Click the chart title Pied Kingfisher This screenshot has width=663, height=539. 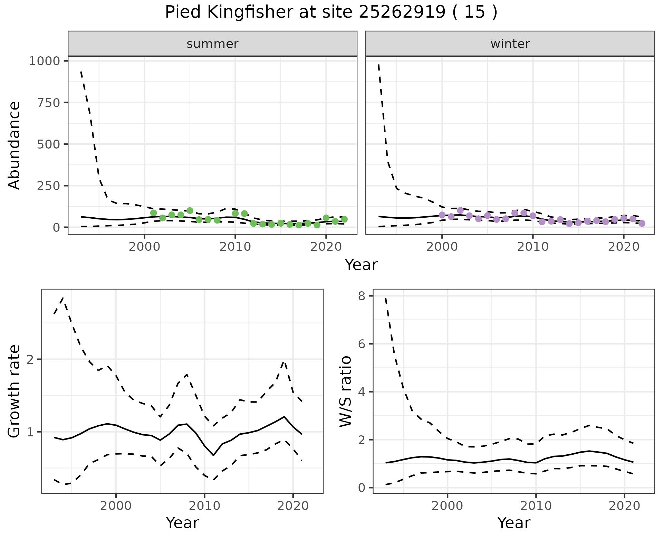tap(331, 12)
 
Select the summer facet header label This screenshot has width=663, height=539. tap(212, 44)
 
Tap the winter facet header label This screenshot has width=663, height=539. tap(510, 44)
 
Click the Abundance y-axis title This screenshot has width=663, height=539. tap(15, 145)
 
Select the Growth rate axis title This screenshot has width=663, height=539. tap(15, 391)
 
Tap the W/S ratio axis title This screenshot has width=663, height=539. tap(345, 391)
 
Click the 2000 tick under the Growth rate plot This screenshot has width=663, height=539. tap(116, 506)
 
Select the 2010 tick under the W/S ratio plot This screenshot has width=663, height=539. tap(536, 506)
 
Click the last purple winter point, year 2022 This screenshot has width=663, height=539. tap(642, 223)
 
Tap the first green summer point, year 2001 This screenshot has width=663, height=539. tap(154, 213)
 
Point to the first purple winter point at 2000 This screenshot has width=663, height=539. tap(442, 215)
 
